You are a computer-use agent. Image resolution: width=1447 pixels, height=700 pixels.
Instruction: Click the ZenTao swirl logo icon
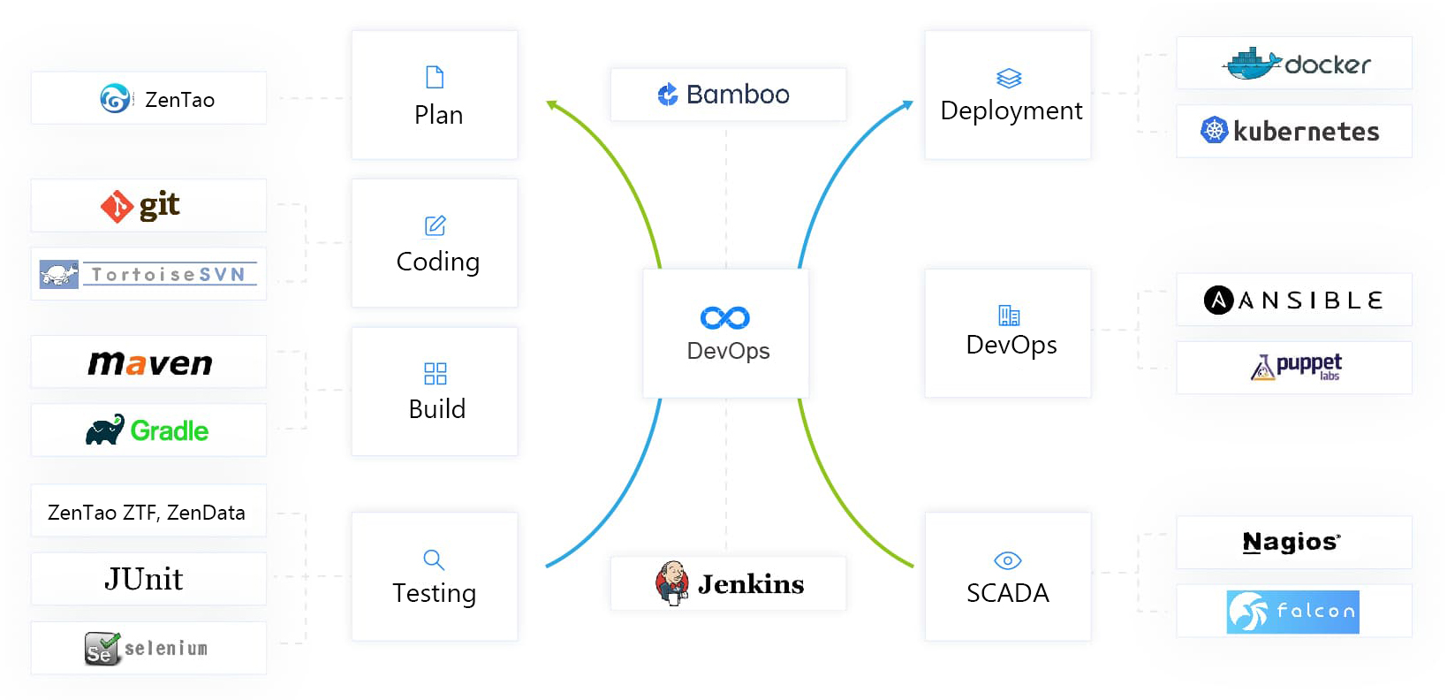[x=115, y=98]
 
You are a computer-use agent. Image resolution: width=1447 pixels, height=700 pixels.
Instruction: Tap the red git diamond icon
[x=117, y=207]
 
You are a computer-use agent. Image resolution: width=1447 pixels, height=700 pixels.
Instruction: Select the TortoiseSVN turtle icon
[x=59, y=274]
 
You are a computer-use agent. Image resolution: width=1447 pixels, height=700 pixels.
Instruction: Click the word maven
[x=150, y=362]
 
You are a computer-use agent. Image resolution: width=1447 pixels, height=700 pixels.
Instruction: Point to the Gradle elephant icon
[x=105, y=430]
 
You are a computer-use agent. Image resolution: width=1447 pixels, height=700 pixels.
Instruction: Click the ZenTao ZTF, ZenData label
[x=147, y=513]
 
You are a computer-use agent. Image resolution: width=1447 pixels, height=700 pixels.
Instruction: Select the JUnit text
[x=144, y=579]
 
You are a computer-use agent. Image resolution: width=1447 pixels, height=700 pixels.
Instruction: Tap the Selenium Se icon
[x=102, y=649]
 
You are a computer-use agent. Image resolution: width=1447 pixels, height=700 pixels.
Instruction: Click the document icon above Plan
[x=435, y=77]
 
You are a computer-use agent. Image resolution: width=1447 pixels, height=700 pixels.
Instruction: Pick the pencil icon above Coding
[x=436, y=225]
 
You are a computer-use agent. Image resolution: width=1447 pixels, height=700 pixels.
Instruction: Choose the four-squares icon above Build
[x=436, y=374]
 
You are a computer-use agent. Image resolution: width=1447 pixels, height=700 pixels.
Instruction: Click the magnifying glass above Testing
[x=434, y=559]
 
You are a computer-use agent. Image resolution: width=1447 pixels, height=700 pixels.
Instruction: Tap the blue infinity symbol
[x=725, y=317]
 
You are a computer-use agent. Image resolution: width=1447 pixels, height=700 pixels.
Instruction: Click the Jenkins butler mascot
[x=672, y=582]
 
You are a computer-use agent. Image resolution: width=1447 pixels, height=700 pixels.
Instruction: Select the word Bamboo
[x=738, y=95]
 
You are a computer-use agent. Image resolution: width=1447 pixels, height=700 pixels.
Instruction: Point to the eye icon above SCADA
[x=1008, y=560]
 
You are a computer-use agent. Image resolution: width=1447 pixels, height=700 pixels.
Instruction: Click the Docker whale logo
[x=1252, y=64]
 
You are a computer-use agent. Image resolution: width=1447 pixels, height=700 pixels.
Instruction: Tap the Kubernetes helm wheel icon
[x=1215, y=131]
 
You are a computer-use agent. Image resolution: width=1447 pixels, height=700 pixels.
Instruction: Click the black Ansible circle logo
[x=1218, y=301]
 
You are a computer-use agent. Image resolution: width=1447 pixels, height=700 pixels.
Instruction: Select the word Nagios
[x=1291, y=542]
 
